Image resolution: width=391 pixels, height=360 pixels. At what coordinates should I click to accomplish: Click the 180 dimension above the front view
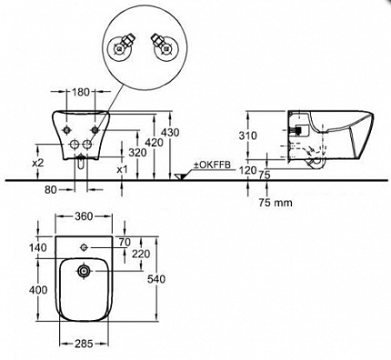point(81,92)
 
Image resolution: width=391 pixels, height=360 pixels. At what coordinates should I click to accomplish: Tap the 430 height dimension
point(170,132)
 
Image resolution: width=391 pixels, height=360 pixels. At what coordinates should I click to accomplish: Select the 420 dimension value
point(154,143)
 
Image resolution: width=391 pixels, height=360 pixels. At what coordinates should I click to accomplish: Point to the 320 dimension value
point(137,152)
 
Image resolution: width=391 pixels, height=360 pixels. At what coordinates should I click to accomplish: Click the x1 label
point(123,170)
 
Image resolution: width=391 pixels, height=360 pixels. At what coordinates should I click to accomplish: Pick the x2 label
point(37,163)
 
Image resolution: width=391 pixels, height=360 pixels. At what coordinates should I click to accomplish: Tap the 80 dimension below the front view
point(50,190)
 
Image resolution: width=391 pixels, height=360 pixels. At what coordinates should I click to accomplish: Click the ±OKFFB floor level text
point(212,165)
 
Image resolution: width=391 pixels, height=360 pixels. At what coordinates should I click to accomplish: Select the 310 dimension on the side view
point(248,136)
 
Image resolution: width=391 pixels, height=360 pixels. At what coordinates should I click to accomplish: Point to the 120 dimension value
point(248,170)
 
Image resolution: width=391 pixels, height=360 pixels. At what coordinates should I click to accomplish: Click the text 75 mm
point(275,203)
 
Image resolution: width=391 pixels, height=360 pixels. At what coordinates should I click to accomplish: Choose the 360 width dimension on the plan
point(83,217)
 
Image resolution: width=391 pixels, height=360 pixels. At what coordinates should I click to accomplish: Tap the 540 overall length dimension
point(156,279)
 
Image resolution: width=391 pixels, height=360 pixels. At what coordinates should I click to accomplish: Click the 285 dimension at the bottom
point(84,344)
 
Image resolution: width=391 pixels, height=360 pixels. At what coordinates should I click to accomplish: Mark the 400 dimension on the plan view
point(38,290)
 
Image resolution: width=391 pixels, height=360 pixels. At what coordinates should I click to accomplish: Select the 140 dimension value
point(38,248)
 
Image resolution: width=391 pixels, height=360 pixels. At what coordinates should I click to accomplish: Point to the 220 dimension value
point(141,254)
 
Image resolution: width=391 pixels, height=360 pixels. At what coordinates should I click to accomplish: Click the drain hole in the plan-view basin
point(83,271)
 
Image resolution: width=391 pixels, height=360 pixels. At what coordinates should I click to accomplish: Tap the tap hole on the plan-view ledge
point(84,247)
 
